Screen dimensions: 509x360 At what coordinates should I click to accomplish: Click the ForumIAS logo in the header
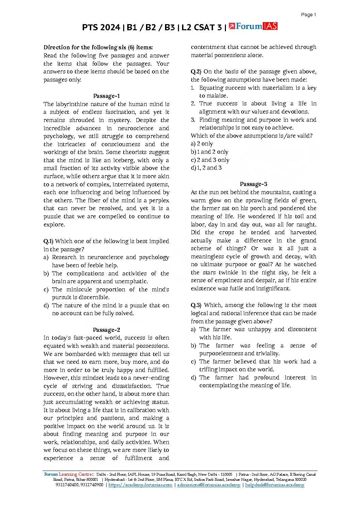tap(253, 27)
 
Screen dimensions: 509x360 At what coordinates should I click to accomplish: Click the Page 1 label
tap(308, 15)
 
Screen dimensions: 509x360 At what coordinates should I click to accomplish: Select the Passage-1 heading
tap(106, 96)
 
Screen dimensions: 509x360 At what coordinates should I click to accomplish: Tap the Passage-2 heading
tap(106, 330)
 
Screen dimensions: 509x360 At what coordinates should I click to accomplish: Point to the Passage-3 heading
tap(253, 184)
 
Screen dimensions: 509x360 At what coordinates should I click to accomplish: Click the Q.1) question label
tap(48, 241)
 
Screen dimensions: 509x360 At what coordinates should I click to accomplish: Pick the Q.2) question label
tap(196, 71)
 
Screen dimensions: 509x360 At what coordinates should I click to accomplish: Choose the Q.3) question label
tap(196, 305)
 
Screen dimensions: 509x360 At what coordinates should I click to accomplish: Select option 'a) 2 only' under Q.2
tap(202, 144)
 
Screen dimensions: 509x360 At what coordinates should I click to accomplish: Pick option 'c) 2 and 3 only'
tap(210, 160)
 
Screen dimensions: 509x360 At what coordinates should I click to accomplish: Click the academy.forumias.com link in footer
tap(140, 485)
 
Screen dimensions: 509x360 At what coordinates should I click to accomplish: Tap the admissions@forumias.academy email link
tap(209, 485)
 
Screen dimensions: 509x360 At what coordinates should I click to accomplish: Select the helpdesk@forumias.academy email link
tap(275, 485)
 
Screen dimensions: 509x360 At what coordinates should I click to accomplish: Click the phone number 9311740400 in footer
tap(67, 485)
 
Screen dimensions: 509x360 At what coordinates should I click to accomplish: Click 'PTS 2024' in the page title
tap(101, 27)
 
